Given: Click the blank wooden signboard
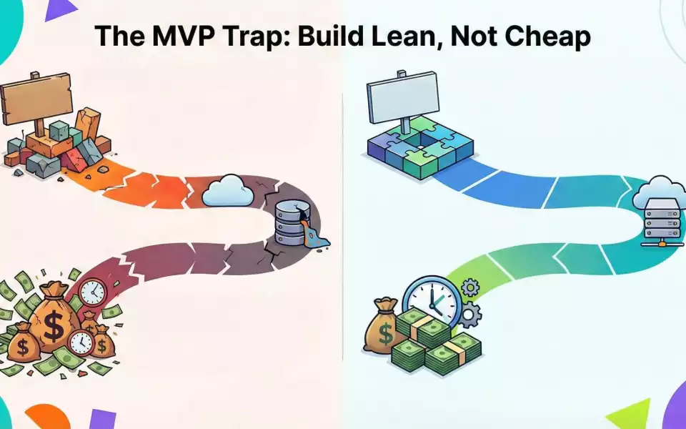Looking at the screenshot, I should coord(36,97).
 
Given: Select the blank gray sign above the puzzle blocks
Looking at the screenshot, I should coord(402,92).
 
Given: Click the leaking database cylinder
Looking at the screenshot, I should coord(289,223).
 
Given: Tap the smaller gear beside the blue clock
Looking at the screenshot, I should coord(470,288).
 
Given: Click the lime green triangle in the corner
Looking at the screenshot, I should coord(629,415).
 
